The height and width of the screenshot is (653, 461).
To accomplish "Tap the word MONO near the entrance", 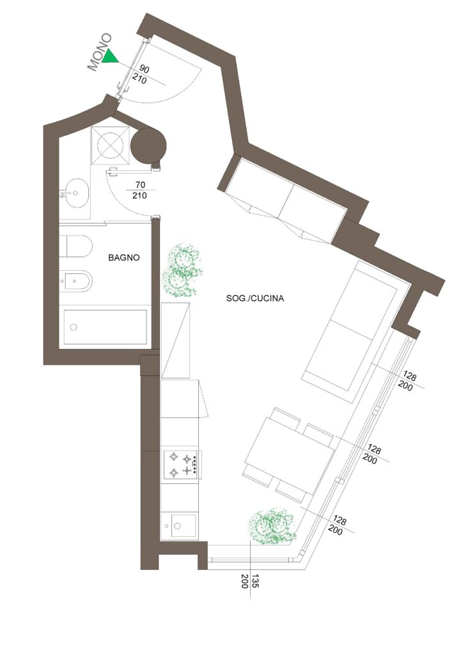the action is (100, 52).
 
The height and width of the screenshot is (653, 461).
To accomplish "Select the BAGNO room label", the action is (124, 258).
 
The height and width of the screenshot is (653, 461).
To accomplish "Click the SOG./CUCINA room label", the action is (255, 298).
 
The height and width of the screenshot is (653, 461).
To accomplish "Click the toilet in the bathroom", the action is (75, 246).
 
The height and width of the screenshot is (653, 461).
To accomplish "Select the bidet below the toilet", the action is (75, 281).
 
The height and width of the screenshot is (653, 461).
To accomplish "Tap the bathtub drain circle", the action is (74, 327).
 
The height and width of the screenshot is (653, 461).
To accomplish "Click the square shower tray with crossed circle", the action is (110, 146).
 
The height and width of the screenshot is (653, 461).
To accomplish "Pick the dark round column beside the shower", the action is (148, 145).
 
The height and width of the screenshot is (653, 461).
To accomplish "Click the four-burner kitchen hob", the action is (182, 465).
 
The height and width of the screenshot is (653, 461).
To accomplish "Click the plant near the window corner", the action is (272, 526).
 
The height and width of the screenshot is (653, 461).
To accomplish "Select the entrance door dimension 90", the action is (144, 69).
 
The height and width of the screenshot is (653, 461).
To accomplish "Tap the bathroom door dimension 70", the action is (140, 184).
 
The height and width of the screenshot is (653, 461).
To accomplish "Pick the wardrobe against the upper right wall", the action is (282, 199).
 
